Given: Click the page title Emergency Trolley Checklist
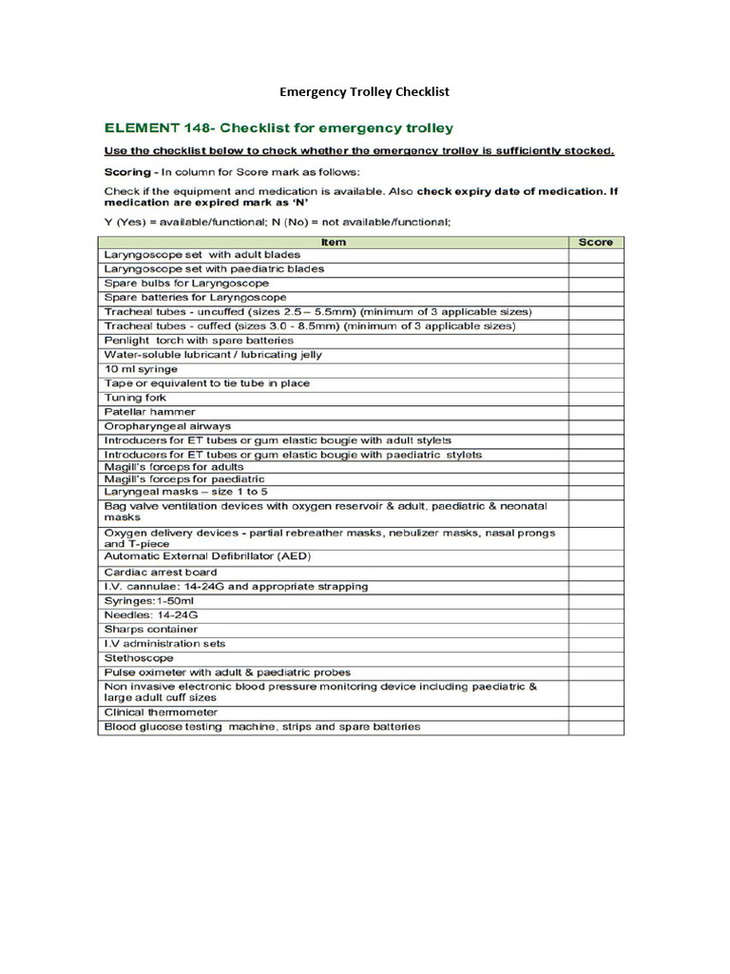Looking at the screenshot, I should [x=363, y=92].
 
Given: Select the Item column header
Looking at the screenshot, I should [x=333, y=243].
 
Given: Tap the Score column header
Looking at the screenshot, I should [x=596, y=243].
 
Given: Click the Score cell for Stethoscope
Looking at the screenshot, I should [x=596, y=657].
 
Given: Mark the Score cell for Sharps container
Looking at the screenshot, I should [x=596, y=630].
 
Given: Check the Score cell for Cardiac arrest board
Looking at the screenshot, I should [x=596, y=573].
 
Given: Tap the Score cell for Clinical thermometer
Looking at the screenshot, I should [x=596, y=712].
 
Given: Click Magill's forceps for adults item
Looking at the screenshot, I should [x=173, y=467].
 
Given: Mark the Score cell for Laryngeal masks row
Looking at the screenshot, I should [x=596, y=493].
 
